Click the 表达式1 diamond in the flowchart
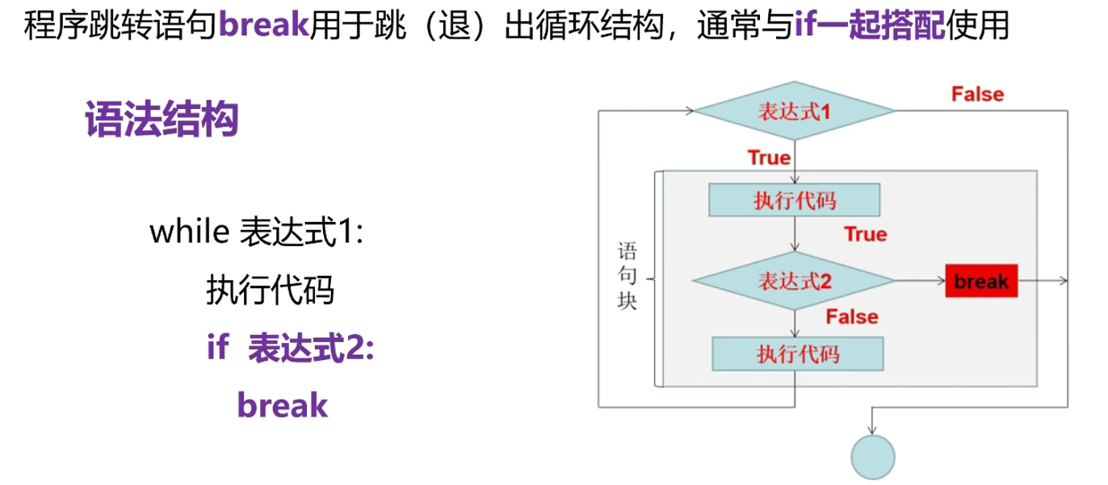(795, 111)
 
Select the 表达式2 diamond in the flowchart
(795, 281)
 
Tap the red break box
(981, 281)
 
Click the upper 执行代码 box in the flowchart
(795, 200)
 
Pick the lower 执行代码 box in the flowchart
(798, 353)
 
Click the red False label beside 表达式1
(977, 94)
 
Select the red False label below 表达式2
(851, 316)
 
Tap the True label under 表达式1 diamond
(769, 157)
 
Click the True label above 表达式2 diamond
(865, 234)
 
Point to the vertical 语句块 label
(627, 274)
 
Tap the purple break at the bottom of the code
(283, 405)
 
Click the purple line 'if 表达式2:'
(291, 349)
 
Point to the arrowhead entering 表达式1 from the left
(689, 111)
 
